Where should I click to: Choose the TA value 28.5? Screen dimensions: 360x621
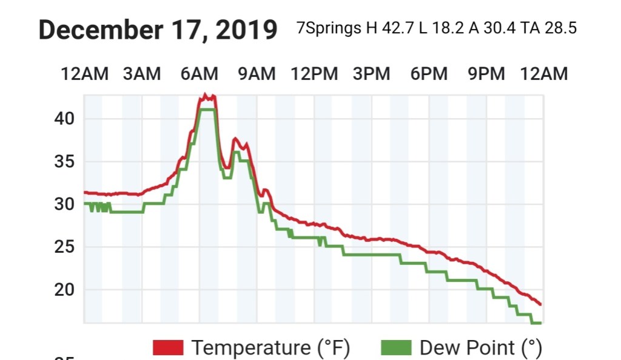pos(558,28)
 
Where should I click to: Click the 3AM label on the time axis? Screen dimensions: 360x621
pos(142,74)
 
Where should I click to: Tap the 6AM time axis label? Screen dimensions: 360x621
pos(200,74)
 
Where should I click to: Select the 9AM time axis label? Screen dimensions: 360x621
pos(257,74)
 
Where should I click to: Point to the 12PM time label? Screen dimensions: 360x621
pos(314,74)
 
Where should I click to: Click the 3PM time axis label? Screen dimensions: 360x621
pos(371,74)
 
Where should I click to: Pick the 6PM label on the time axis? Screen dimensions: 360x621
pos(429,74)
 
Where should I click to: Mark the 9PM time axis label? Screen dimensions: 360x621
pos(486,74)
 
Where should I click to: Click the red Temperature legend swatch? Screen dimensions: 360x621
pos(168,347)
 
